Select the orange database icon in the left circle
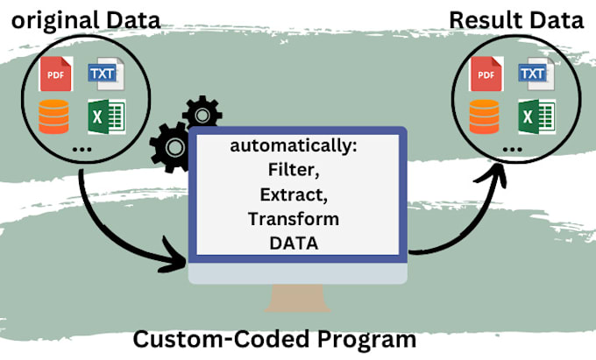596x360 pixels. (53, 116)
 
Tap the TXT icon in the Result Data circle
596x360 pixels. (534, 75)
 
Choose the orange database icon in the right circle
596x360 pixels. (485, 116)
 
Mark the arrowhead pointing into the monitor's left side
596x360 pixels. (179, 258)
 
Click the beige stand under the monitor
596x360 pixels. (298, 300)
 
